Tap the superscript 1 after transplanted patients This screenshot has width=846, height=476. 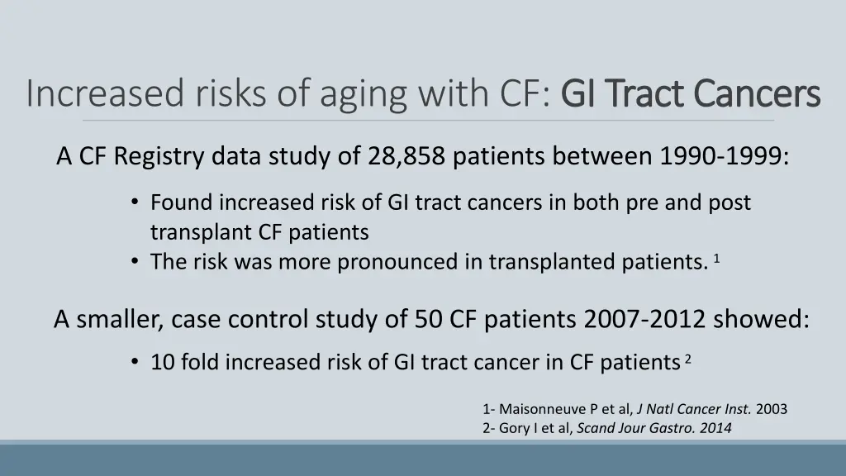click(x=717, y=259)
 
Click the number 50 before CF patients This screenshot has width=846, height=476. click(x=429, y=319)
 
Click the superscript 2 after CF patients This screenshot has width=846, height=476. click(x=687, y=359)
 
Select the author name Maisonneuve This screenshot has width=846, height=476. click(x=543, y=409)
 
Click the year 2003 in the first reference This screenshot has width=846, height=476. click(x=772, y=409)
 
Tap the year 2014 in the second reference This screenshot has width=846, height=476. click(x=715, y=428)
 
